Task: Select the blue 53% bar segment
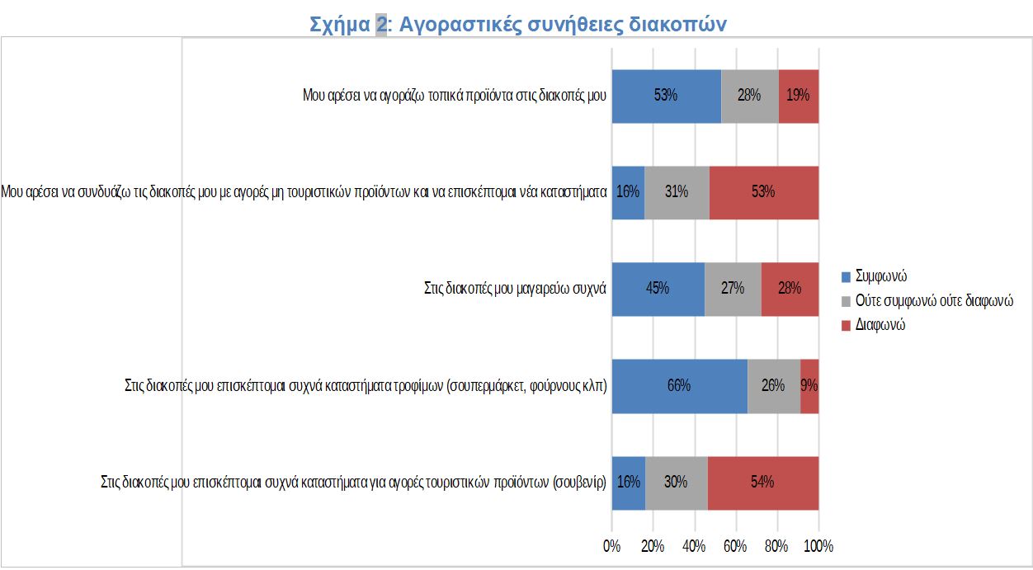pos(666,96)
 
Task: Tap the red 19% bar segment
pos(798,96)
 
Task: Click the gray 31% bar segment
pos(677,192)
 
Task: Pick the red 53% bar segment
pos(763,192)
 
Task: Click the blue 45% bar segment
pos(658,289)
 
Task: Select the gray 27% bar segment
pos(733,289)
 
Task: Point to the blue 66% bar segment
pos(679,385)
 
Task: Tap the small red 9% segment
pos(809,385)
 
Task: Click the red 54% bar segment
pos(762,483)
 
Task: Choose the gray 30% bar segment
pos(676,483)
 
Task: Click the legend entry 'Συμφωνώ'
pos(881,276)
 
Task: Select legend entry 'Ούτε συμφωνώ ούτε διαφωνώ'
pos(933,300)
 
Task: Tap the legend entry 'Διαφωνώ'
pos(880,325)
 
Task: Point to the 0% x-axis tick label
pos(611,546)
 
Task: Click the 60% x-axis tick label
pos(735,546)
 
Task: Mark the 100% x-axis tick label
pos(818,546)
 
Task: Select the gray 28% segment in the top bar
pos(749,96)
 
